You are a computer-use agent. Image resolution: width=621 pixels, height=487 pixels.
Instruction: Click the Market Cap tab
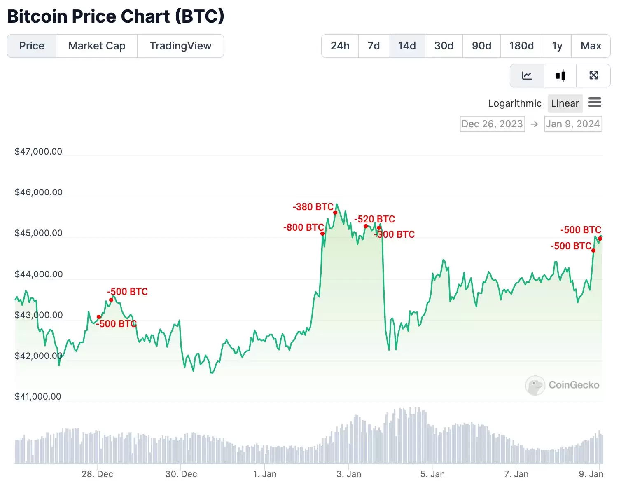[97, 46]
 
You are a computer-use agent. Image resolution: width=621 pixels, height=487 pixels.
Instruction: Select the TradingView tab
[180, 46]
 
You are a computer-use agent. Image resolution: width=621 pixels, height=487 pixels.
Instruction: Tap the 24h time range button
[340, 46]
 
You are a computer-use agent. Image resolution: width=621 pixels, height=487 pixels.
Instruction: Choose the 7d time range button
[374, 46]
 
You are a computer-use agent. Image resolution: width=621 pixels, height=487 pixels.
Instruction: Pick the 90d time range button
[481, 46]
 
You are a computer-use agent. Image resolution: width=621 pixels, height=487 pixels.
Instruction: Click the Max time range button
[591, 46]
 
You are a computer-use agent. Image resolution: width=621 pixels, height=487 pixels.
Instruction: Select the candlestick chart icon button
[560, 75]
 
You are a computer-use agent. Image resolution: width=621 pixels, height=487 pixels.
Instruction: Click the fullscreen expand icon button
[593, 75]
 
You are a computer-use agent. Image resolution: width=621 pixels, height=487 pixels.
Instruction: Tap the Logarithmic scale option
[514, 103]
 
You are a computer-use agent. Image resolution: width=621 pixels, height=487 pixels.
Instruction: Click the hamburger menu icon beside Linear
[595, 102]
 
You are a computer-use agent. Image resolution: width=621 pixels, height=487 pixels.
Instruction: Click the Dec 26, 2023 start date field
[492, 124]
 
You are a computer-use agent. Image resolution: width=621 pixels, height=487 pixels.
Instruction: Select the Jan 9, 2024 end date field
[573, 124]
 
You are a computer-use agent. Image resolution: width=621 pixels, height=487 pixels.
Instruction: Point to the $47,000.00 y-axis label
[38, 151]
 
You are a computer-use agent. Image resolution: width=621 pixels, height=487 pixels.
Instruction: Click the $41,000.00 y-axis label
[38, 396]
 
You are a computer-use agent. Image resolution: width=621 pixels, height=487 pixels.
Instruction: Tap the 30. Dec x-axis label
[181, 474]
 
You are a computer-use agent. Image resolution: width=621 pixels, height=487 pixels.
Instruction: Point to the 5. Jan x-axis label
[432, 474]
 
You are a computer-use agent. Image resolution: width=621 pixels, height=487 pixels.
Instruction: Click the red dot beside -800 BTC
[322, 234]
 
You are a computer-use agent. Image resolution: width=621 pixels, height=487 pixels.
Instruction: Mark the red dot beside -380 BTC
[335, 213]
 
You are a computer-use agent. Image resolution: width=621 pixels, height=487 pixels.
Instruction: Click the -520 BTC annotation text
[374, 219]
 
